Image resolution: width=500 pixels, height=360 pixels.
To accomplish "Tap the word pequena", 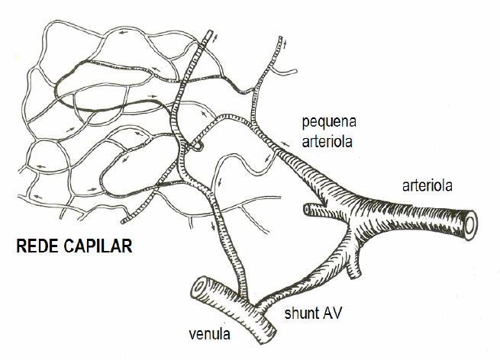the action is coord(329,123).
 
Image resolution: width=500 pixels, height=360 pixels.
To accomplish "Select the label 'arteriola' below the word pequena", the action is coord(327,141).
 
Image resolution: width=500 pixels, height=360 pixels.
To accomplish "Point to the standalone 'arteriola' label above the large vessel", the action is coord(427,185).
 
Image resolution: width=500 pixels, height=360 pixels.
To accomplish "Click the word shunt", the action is coord(302,313).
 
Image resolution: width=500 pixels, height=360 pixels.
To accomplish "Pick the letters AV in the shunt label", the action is coord(332,313).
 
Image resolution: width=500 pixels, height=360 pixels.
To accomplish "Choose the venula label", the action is coord(209,334).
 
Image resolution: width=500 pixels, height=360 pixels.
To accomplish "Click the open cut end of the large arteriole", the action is coord(470,226).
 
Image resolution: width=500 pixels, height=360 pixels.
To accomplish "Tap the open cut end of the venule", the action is coord(199,287).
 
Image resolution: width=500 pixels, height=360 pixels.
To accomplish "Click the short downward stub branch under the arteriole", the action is coord(353,266).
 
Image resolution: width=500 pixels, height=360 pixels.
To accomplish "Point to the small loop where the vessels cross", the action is coord(198,146).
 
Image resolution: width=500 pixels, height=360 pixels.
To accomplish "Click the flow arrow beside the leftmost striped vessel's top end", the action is coord(216,39).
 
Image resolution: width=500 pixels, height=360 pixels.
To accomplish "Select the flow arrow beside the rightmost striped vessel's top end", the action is coord(285,44).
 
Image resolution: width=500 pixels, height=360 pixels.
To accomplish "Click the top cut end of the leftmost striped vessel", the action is coord(209,32).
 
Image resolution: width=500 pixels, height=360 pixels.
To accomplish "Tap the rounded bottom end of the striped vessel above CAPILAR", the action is coord(124,221).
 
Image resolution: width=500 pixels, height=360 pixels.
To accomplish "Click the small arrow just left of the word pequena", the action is coord(285,144).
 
